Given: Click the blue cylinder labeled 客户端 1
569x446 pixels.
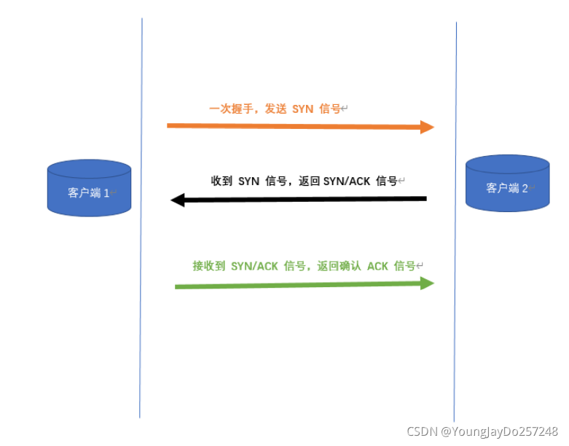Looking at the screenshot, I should (89, 188).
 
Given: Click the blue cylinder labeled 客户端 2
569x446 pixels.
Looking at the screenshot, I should (507, 184).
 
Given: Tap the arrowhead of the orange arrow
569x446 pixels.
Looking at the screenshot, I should (427, 128).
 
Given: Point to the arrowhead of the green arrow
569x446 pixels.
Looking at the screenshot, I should (427, 283).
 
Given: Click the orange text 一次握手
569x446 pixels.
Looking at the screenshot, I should (229, 109).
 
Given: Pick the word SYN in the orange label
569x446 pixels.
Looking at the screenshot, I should (302, 109).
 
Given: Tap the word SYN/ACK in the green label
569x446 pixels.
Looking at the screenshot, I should (254, 267).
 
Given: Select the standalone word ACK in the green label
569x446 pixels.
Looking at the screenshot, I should (377, 267).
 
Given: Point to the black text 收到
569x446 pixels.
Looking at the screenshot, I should (221, 181).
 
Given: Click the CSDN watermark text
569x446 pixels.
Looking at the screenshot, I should (421, 431).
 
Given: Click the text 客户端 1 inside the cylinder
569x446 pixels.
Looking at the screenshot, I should (87, 193).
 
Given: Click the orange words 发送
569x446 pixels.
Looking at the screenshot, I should (275, 109).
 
